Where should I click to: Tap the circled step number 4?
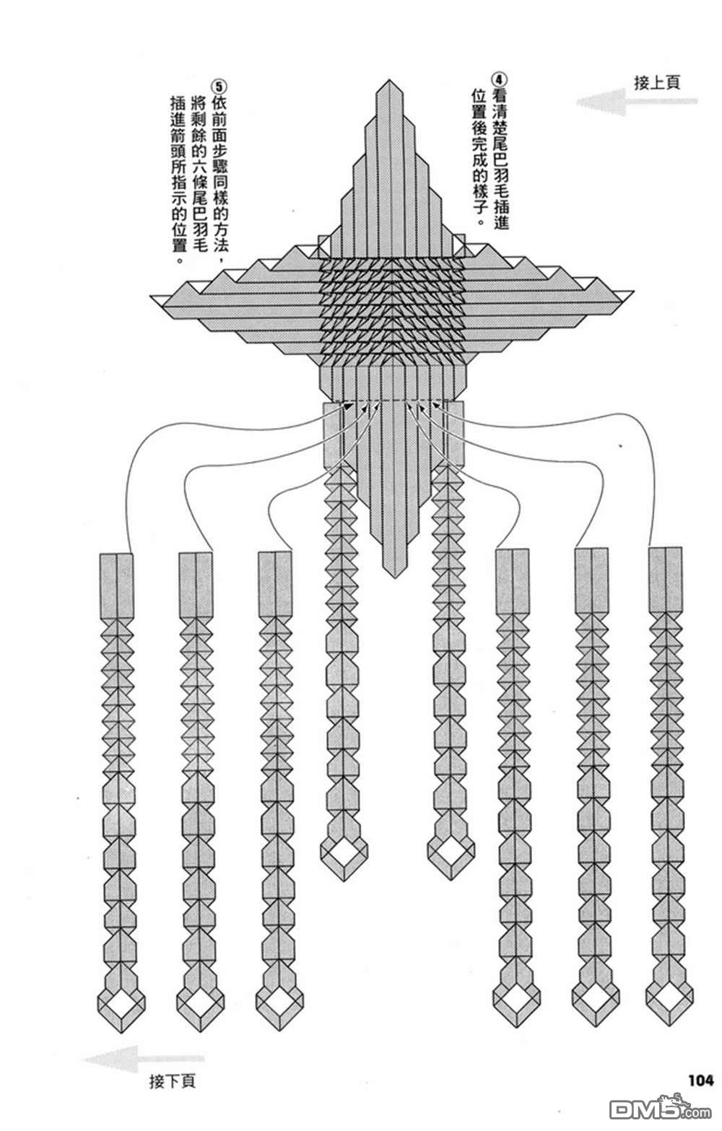coord(499,80)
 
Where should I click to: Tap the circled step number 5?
coord(219,86)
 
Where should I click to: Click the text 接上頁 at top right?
coord(657,82)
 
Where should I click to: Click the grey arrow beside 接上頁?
coord(636,102)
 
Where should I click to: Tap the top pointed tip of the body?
coord(390,80)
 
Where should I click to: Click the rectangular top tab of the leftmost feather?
coord(117,585)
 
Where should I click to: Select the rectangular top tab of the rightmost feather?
coord(666,579)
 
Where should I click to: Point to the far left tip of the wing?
coord(151,297)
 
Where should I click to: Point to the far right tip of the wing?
coord(634,292)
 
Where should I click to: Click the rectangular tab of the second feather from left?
coord(196,585)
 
